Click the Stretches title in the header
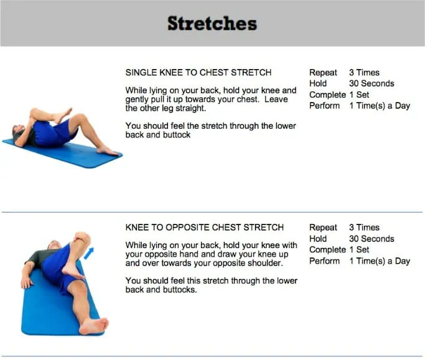[x=212, y=24]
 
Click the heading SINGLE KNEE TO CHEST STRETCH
[x=198, y=73]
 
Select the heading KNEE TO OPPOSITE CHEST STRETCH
[x=205, y=228]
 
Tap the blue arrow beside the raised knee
[x=90, y=252]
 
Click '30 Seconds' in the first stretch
[x=371, y=83]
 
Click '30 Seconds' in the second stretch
[x=371, y=239]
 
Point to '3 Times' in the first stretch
[x=364, y=73]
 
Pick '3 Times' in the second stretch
[x=364, y=228]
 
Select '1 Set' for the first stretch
[x=359, y=95]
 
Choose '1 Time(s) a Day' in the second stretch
[x=379, y=261]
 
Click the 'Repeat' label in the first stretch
[x=323, y=73]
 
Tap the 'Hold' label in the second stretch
[x=318, y=239]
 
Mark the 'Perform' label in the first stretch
[x=325, y=106]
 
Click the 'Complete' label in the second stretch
[x=327, y=250]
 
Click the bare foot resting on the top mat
[x=108, y=150]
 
